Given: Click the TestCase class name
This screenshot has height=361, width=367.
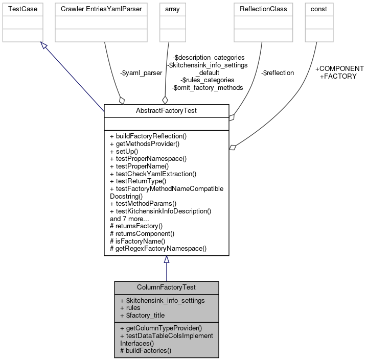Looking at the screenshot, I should click(20, 9).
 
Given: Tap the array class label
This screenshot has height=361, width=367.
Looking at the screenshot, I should click(168, 9).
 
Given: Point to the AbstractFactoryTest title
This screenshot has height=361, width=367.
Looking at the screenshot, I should click(166, 110).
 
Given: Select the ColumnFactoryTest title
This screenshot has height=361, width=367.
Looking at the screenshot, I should click(166, 287).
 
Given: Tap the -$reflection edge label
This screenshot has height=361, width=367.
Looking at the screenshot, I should click(278, 73).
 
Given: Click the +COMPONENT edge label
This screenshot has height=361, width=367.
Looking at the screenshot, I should click(339, 68).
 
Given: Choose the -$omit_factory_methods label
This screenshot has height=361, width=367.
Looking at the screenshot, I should click(208, 87).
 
